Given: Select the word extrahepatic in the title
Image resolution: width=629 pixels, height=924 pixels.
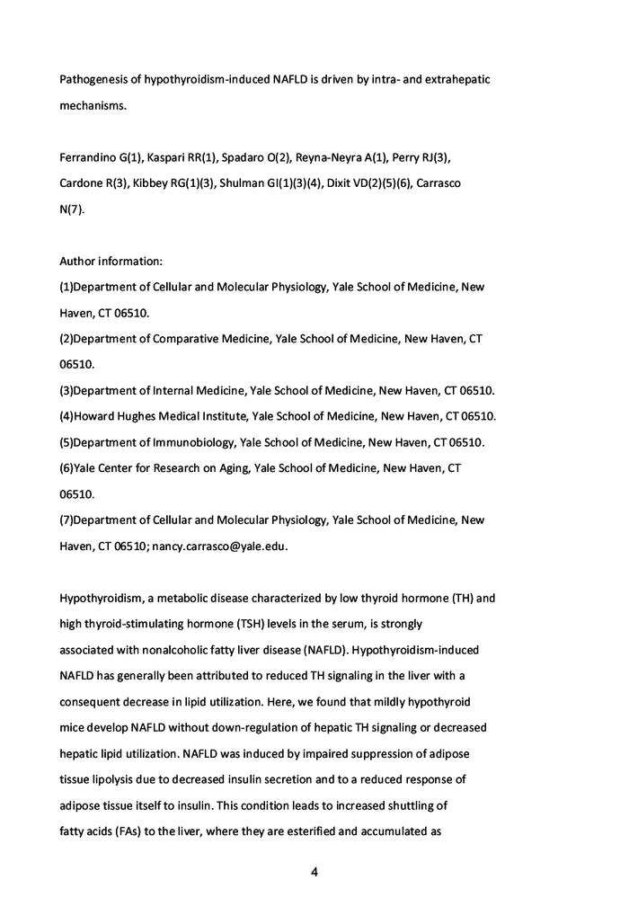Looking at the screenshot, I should pos(451,80).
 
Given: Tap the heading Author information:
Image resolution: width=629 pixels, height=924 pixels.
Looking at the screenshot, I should pos(111,262).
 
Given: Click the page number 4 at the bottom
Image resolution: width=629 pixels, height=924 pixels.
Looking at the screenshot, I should pos(314,872).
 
